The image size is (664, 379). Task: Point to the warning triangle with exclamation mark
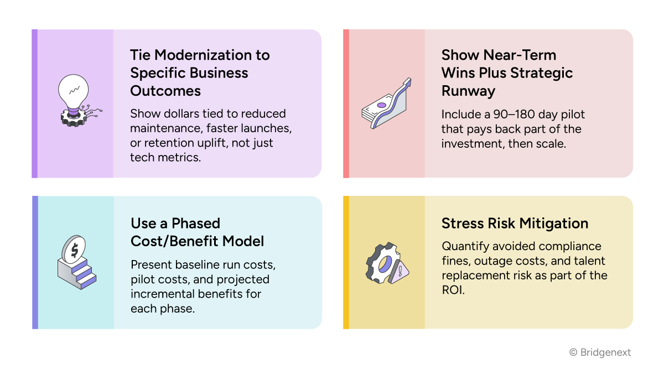click(399, 272)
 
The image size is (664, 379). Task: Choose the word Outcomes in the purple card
click(165, 91)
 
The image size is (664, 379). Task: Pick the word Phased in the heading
click(195, 224)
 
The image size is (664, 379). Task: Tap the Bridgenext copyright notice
click(600, 352)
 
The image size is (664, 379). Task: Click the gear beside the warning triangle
click(381, 264)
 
